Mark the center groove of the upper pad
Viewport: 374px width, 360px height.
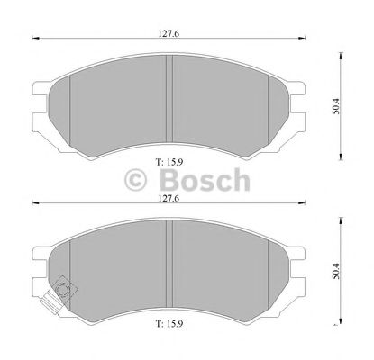pyautogui.click(x=169, y=95)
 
